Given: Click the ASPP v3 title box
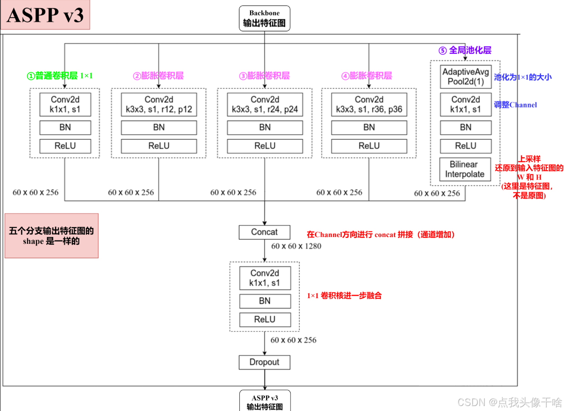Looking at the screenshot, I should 45,15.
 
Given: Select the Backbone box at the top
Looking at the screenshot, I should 264,18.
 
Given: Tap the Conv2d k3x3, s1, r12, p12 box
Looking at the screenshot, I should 159,105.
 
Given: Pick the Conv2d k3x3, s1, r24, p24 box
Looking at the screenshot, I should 265,105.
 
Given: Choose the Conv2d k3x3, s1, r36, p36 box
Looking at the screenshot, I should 369,105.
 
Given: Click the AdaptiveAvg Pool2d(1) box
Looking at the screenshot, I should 466,77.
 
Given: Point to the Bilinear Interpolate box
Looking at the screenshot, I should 465,169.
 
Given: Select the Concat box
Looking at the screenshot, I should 264,232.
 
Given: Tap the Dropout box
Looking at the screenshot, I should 264,362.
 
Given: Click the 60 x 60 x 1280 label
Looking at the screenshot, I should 296,246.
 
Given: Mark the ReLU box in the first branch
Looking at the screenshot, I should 65,146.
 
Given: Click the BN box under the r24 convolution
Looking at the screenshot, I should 265,128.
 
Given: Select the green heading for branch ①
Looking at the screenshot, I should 60,76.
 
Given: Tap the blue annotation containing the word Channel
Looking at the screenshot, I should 515,105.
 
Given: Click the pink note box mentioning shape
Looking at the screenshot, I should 51,236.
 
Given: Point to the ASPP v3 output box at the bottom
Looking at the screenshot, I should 264,401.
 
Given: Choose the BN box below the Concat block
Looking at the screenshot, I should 265,301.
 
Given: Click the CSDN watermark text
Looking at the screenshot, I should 509,402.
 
